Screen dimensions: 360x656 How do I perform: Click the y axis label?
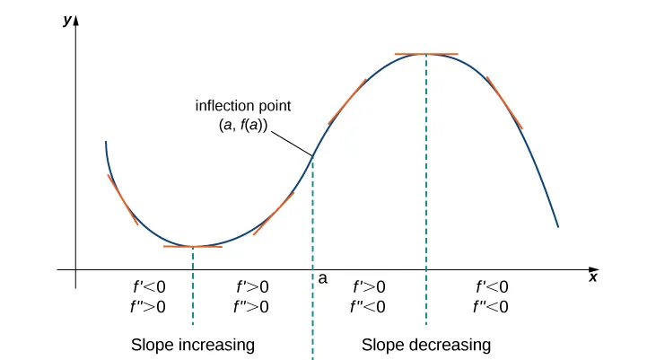point(66,21)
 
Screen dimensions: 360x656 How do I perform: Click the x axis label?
point(593,278)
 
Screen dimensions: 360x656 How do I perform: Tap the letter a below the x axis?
point(323,279)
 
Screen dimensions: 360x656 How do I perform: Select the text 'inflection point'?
point(243,106)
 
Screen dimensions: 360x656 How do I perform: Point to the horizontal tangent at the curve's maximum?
point(426,55)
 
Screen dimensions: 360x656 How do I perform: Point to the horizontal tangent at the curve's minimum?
point(192,246)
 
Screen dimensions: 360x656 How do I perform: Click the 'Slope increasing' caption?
point(193,345)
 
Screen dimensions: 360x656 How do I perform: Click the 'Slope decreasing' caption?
point(426,345)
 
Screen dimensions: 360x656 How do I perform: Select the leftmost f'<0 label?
point(149,287)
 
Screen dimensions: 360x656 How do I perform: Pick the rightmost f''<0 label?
point(491,307)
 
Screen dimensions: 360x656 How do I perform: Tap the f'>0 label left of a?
point(252,287)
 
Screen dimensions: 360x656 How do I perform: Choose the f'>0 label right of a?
point(369,287)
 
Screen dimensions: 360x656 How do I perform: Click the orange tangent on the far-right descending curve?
point(504,102)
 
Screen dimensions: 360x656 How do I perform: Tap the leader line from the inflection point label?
point(289,142)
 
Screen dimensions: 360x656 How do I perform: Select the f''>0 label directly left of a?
point(252,307)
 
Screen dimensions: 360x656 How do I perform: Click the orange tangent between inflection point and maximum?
point(348,101)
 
